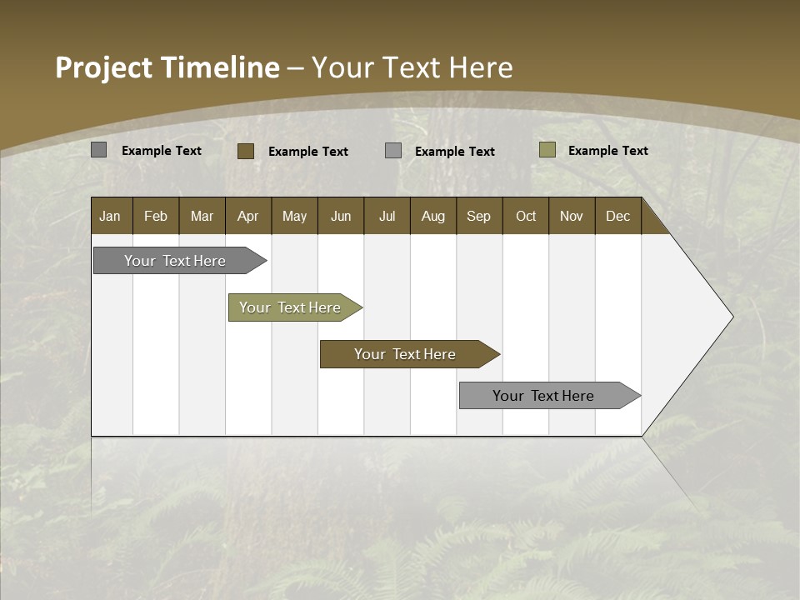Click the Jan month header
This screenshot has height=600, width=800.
pos(110,216)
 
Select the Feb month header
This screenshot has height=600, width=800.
pos(156,216)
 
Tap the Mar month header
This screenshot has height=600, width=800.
pos(202,216)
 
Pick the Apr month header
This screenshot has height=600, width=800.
pos(248,216)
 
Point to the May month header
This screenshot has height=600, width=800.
pos(294,216)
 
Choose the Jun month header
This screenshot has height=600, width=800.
pos(341,216)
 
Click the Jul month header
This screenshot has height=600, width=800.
pos(387,216)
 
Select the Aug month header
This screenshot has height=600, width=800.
pos(433,216)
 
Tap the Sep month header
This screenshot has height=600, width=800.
pos(479,216)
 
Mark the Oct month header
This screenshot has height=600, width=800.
pos(526,216)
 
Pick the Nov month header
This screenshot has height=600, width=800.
pos(572,216)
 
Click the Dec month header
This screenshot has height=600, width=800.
pos(618,216)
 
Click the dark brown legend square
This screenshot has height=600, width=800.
pos(245,151)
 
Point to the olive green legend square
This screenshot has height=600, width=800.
pos(547,150)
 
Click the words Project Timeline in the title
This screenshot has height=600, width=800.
pos(167,67)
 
